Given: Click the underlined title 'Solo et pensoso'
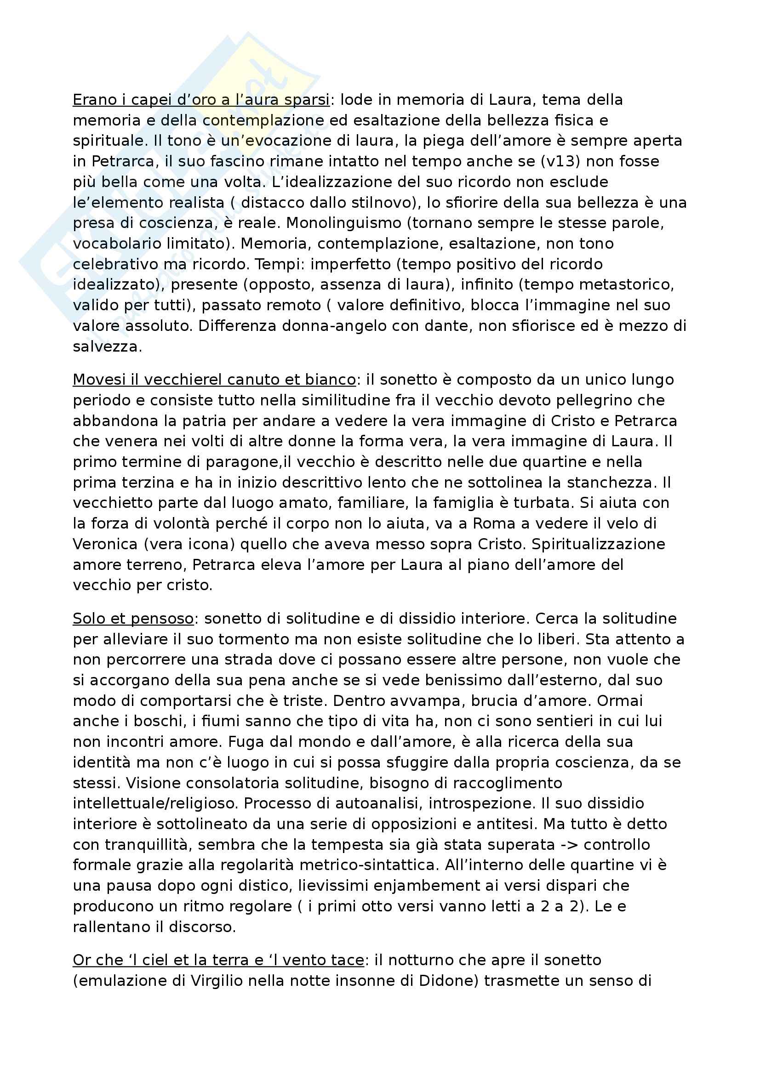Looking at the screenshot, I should [x=133, y=619].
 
